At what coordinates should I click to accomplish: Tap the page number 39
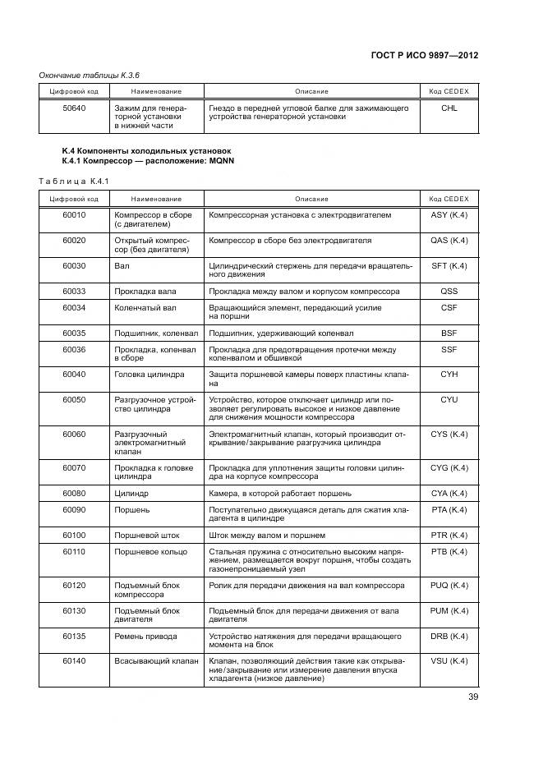472,697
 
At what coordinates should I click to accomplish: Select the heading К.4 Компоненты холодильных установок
146,151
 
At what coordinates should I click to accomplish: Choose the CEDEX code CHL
449,108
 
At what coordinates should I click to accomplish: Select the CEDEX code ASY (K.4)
449,215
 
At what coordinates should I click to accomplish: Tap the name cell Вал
121,266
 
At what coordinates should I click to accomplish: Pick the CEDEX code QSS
449,292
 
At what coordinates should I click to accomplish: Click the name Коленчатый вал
145,308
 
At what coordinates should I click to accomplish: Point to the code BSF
449,333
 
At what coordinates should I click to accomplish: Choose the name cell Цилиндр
131,493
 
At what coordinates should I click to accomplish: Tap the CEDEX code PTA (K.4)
449,509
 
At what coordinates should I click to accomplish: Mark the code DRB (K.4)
449,636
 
